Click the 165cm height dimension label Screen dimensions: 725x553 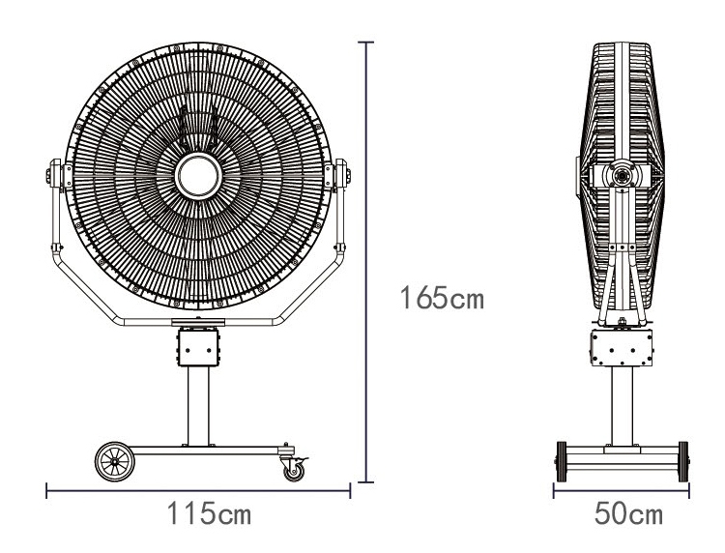pos(442,298)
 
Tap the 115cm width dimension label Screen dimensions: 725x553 pos(209,513)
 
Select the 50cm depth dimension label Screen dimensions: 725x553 pos(628,513)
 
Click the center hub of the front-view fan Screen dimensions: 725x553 pos(198,176)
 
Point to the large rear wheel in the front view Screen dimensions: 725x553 pos(115,461)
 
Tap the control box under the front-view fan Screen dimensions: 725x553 pos(198,347)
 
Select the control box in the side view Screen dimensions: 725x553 pos(622,348)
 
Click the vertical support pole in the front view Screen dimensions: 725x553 pos(198,405)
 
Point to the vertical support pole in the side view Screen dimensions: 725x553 pos(622,406)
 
